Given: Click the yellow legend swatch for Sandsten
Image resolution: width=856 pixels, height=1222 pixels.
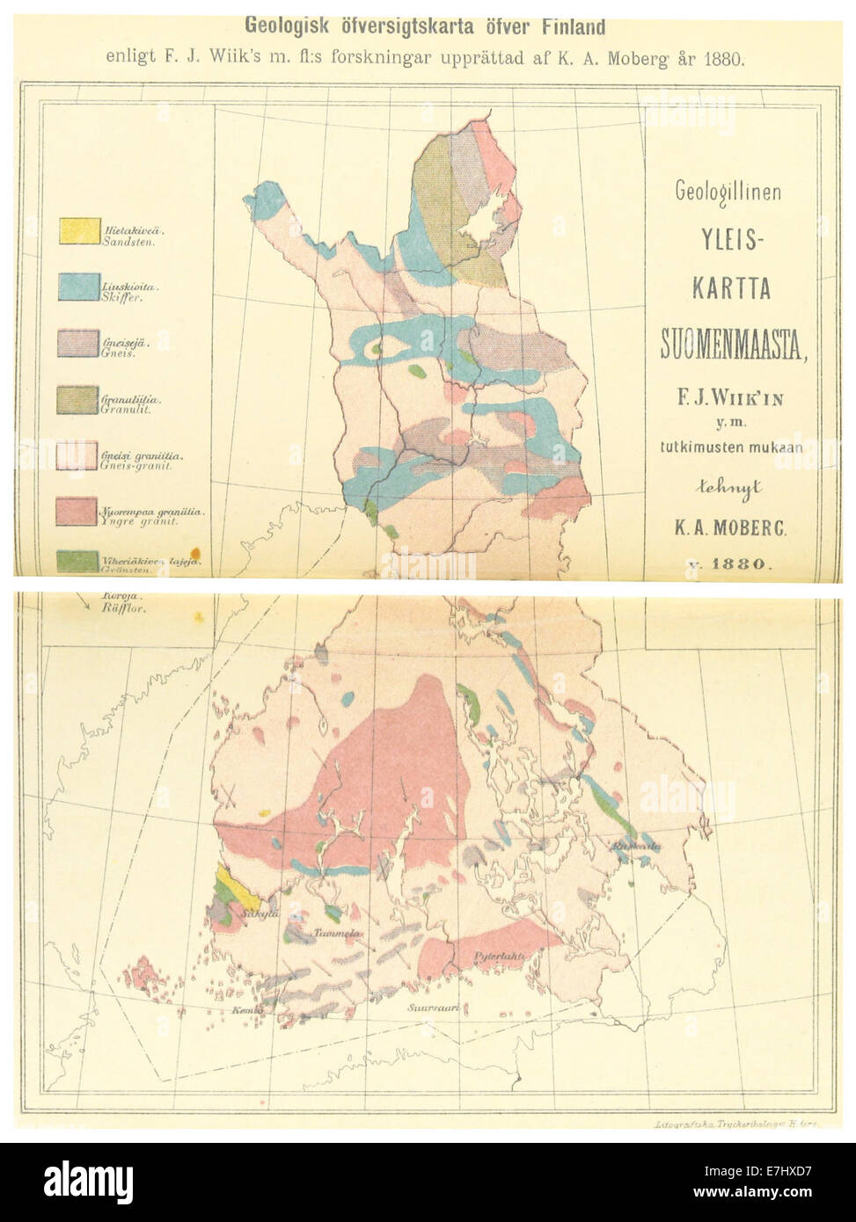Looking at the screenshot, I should point(78,230).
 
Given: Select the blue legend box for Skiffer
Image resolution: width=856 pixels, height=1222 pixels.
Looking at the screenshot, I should point(78,287).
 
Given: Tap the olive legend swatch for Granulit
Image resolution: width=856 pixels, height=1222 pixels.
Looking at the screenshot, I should point(78,400).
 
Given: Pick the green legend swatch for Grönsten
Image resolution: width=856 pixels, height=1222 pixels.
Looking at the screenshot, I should point(78,561).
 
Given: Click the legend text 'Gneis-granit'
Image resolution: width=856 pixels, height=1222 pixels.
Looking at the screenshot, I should point(136,465).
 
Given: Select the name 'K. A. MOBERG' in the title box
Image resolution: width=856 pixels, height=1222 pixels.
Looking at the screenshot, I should point(733,528).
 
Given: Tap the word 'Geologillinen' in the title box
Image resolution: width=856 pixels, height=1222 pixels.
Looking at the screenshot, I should point(727,192).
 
